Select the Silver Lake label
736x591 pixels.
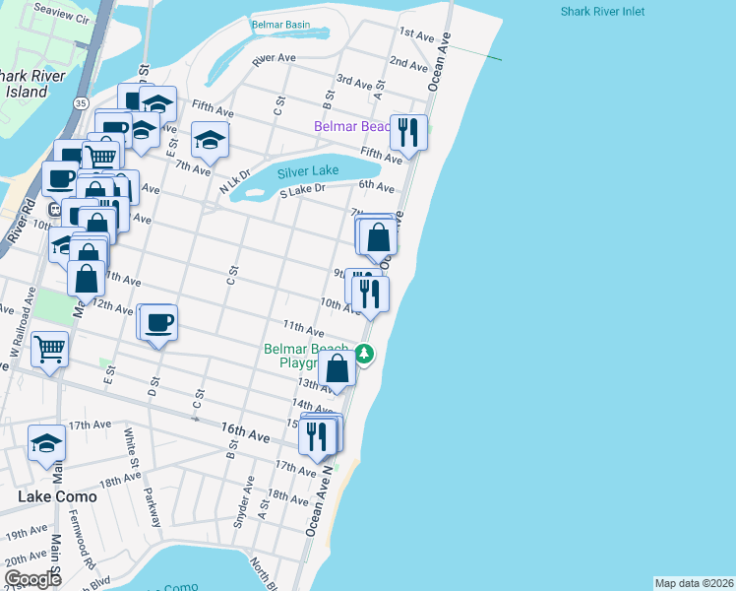click(x=308, y=170)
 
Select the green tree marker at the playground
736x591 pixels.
click(x=364, y=354)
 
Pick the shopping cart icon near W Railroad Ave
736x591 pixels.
click(x=48, y=347)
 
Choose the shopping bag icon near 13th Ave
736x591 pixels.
click(x=337, y=369)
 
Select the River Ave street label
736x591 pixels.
click(x=274, y=59)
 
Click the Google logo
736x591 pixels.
click(x=32, y=578)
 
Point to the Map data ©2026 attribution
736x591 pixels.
click(x=694, y=583)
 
